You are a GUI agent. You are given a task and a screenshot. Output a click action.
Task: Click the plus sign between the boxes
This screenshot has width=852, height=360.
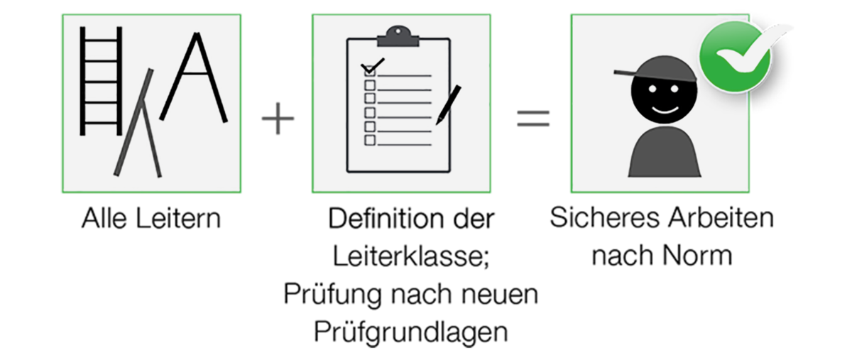pos(278,119)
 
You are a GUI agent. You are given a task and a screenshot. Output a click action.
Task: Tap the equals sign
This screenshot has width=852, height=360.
pos(533,119)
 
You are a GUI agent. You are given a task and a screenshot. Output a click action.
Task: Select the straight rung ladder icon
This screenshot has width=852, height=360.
pos(101,81)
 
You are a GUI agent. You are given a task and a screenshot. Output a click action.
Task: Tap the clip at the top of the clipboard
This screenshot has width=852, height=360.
pos(398,36)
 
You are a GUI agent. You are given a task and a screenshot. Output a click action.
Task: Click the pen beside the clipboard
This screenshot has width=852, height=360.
pos(449,104)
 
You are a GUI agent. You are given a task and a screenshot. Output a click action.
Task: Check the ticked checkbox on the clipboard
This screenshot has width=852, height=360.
pos(370,71)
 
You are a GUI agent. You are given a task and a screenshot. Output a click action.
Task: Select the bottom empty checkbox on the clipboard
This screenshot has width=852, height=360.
pos(370,140)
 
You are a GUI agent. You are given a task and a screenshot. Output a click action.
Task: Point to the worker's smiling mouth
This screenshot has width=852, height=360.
pos(665,110)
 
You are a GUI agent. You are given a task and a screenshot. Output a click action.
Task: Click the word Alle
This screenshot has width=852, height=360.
pos(104,219)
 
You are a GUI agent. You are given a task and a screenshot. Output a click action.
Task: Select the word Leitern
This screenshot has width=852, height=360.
pos(178,219)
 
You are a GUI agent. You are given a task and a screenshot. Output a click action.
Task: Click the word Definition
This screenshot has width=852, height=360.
pos(386,219)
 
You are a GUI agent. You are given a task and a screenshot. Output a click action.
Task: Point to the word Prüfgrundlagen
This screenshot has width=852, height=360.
pos(411,332)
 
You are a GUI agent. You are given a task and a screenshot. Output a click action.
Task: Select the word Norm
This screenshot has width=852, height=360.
pos(697,256)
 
